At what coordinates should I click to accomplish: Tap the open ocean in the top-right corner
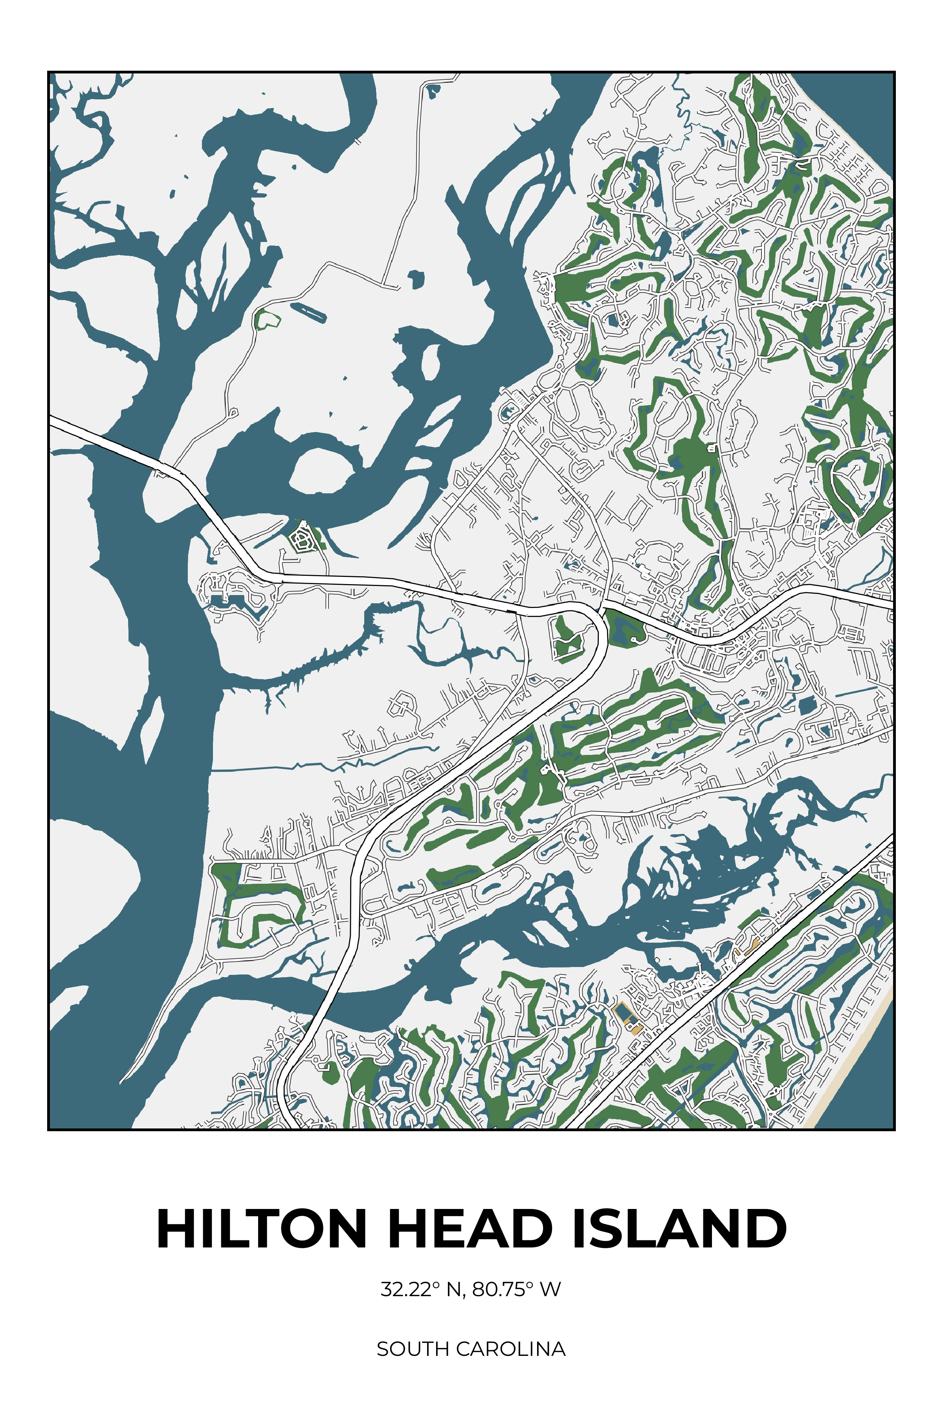click(x=866, y=102)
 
